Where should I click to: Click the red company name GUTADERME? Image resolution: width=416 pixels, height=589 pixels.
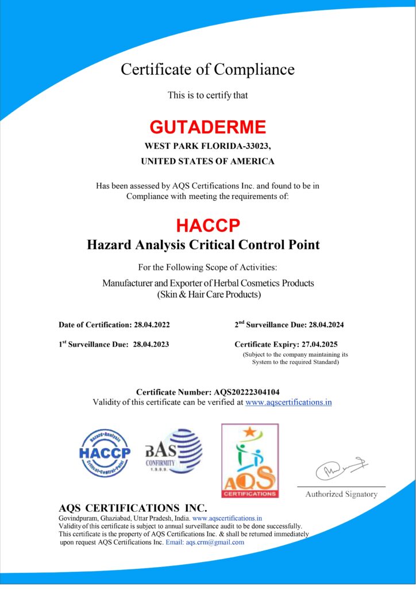point(207,127)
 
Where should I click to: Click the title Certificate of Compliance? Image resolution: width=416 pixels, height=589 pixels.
point(207,70)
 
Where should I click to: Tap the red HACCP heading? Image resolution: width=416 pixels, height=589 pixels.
point(207,224)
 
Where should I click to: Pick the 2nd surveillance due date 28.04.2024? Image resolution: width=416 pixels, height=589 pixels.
point(325,324)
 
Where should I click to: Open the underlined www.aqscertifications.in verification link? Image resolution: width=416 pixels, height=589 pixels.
point(288,402)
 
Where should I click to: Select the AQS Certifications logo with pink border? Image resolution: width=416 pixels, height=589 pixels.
point(250,461)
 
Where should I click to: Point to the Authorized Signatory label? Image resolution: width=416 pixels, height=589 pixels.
point(341,494)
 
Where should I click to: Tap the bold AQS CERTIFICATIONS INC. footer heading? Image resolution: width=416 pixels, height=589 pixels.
point(133,508)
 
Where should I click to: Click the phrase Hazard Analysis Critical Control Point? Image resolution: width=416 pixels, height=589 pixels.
point(203,244)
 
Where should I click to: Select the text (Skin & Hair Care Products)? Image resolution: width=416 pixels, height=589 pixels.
point(209,294)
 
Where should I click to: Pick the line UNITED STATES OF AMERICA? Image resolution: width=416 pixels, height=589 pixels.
point(207,162)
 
